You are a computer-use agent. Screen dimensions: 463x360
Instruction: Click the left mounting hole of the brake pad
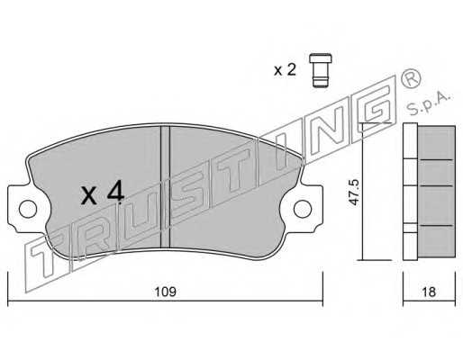coord(28,209)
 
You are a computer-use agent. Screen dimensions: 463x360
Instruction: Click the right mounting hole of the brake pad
coord(303,209)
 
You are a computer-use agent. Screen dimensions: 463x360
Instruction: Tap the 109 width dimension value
coord(165,292)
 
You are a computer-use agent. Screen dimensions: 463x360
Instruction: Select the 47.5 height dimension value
coord(355,192)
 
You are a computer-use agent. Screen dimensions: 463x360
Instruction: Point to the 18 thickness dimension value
coord(429,292)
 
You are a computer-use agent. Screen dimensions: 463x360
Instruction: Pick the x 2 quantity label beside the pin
coord(285,70)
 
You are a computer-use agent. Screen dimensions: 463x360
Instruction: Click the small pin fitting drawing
coord(321,70)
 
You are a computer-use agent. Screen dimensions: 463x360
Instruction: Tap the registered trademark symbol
coord(411,77)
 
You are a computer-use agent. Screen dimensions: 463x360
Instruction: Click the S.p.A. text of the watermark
coord(430,103)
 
